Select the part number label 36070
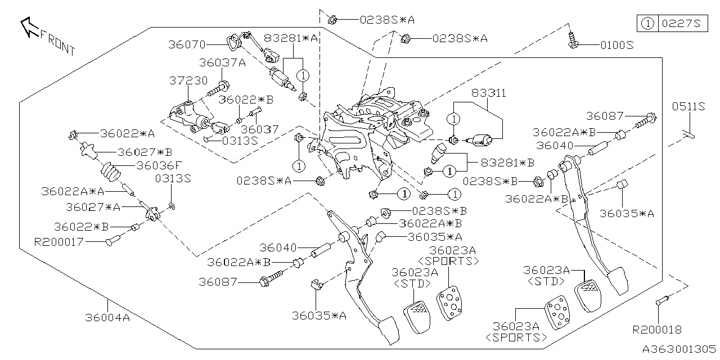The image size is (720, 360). (188, 44)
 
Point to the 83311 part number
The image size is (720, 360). (488, 93)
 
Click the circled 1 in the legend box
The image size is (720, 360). (647, 24)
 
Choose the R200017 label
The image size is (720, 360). (58, 242)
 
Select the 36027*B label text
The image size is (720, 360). (145, 152)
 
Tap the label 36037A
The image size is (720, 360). (222, 63)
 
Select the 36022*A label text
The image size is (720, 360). (127, 134)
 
